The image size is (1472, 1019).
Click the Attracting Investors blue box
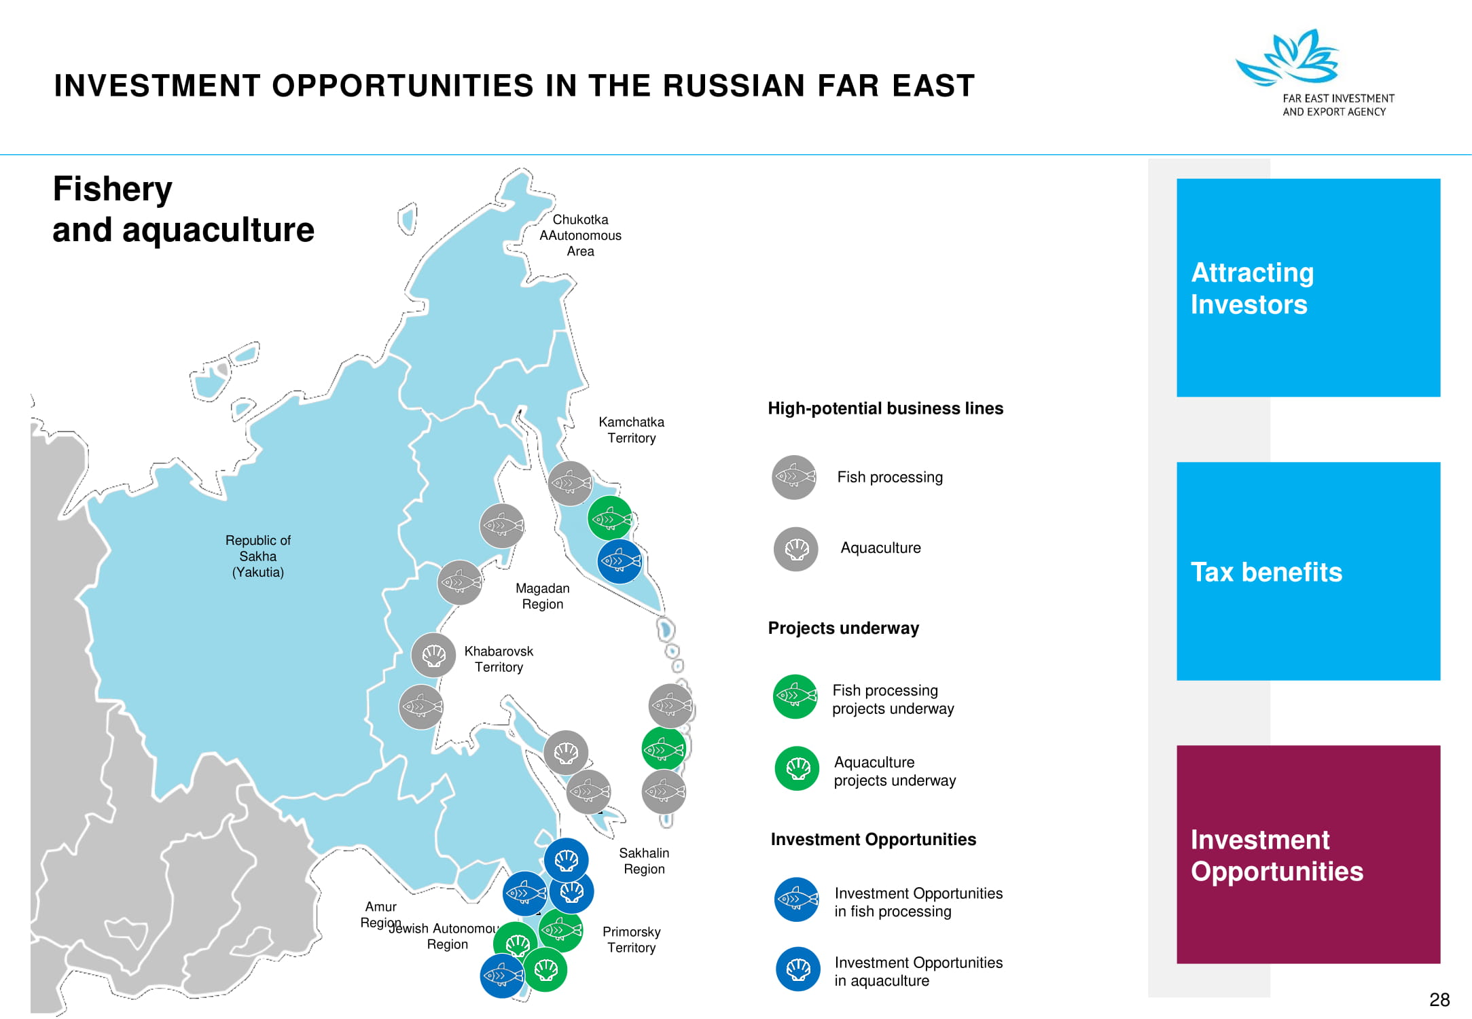[1308, 287]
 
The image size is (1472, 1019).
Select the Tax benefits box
[1308, 571]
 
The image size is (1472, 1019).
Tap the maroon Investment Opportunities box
[1308, 854]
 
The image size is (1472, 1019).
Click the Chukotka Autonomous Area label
[580, 235]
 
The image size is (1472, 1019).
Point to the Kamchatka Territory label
[631, 430]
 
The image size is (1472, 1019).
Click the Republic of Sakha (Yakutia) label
[258, 556]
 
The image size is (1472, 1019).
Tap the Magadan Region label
[542, 596]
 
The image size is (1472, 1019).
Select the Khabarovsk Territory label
[499, 659]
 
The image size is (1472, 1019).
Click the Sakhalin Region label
[644, 861]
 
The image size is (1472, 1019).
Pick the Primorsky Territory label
[631, 940]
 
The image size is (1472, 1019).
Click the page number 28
[1439, 999]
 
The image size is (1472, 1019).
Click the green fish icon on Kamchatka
[610, 518]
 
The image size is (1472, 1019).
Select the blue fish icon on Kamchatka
[620, 561]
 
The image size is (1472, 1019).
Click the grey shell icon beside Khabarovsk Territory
[433, 655]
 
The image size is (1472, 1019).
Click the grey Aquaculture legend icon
[795, 549]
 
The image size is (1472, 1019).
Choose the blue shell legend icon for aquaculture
[798, 969]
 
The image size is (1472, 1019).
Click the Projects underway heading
[843, 628]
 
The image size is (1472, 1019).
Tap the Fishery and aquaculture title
[183, 209]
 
